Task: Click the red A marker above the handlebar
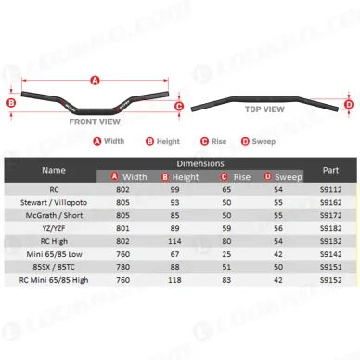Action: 95,81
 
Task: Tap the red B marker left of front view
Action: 11,103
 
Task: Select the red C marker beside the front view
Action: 179,107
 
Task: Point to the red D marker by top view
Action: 349,105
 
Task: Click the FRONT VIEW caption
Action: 95,122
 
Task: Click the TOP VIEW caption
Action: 264,109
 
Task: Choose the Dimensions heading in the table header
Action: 200,163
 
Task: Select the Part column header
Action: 330,170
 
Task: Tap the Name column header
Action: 54,170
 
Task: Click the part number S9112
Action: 330,189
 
